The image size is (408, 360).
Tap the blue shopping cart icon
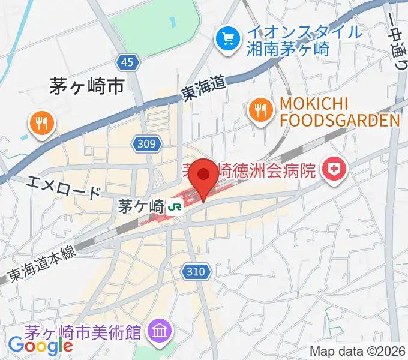pyautogui.click(x=228, y=40)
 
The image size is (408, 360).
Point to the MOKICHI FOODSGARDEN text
pyautogui.click(x=338, y=112)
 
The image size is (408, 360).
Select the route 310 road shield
pyautogui.click(x=196, y=272)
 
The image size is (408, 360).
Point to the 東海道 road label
pyautogui.click(x=203, y=89)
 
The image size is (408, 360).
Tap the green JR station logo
pyautogui.click(x=176, y=207)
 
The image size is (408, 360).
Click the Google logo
pyautogui.click(x=40, y=346)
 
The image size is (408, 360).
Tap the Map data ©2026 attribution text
pyautogui.click(x=358, y=351)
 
